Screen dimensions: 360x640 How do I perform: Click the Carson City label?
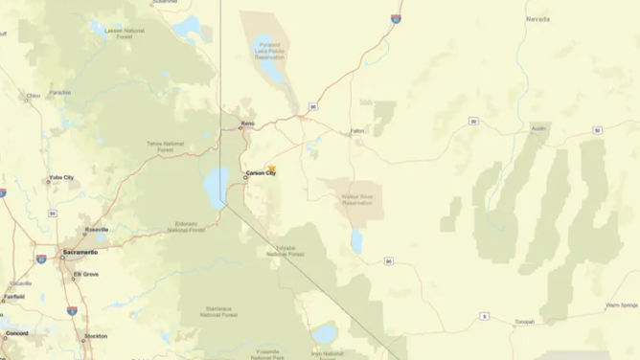click(262, 173)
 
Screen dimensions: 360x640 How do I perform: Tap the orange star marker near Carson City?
click(271, 169)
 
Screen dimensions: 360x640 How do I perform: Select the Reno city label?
click(247, 123)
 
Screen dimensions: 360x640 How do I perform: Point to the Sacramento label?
click(80, 252)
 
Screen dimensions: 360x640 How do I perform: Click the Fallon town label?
click(356, 130)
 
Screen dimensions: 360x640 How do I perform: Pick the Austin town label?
click(537, 127)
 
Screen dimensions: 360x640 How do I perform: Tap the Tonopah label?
click(524, 322)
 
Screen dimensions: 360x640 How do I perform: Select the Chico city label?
click(34, 96)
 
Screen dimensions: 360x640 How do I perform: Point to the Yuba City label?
click(61, 178)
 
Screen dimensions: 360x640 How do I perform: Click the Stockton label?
click(96, 336)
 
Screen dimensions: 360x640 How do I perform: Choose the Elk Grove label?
click(86, 275)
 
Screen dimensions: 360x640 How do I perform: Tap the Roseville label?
click(97, 230)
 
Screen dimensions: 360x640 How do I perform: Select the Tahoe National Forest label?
click(165, 146)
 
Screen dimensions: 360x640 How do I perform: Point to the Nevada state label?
click(537, 19)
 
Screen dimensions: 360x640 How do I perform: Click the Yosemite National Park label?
click(265, 354)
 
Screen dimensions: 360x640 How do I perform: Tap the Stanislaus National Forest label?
click(223, 311)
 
